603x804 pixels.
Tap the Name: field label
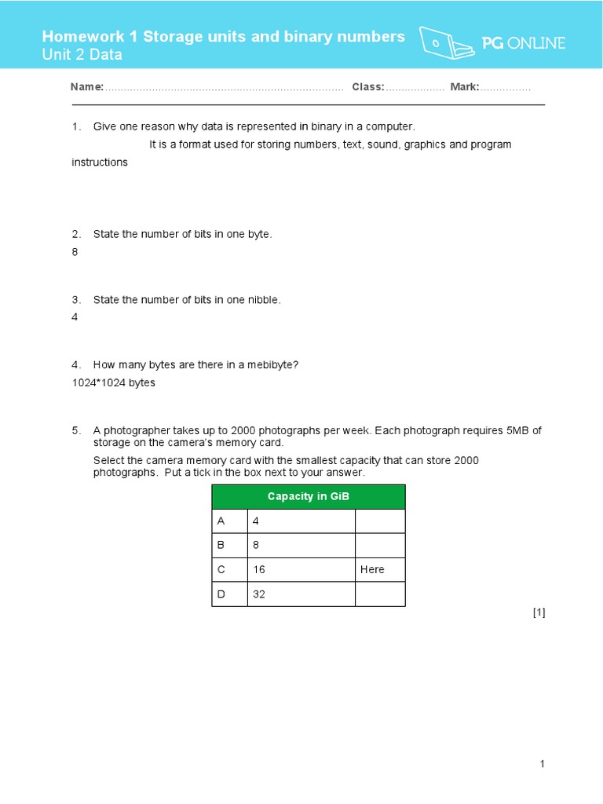86,87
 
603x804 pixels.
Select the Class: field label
367,87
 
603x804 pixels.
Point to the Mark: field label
464,87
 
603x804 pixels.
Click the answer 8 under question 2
75,253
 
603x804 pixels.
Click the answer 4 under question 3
75,318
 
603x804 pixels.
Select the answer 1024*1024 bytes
113,383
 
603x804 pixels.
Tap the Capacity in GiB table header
308,496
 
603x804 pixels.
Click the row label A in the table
221,521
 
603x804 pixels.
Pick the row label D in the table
221,594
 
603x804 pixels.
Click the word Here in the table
372,569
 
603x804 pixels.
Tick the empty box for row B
380,545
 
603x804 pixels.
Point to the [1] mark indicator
539,613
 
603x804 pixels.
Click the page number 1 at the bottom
542,764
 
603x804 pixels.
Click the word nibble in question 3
262,300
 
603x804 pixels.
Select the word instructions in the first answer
100,163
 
